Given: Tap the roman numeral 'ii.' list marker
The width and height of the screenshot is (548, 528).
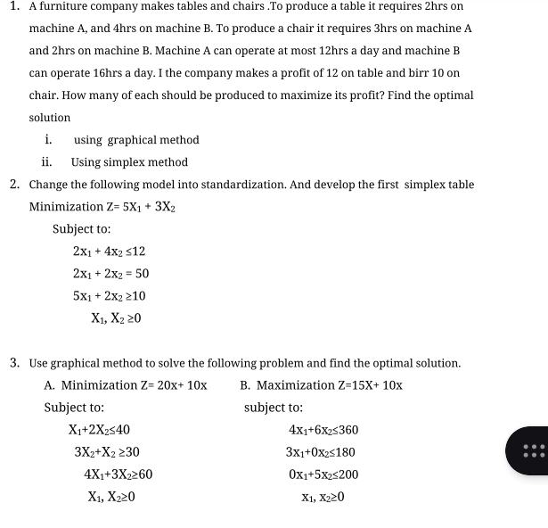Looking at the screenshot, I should coord(48,162).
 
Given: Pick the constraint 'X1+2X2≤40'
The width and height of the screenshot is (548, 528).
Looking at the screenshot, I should coord(100,430).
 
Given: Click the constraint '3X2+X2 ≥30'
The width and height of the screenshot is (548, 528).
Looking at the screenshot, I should coord(106,452).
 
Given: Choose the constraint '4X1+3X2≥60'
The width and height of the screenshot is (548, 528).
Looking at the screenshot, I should coord(118,474).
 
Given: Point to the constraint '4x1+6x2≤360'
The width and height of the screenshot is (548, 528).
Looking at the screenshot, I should coord(323,430).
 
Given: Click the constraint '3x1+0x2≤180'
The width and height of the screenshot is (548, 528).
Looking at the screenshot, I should coord(322,452).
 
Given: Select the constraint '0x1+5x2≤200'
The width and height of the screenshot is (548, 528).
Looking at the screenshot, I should coord(323,474).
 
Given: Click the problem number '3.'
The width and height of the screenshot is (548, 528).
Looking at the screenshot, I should coord(16,363).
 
